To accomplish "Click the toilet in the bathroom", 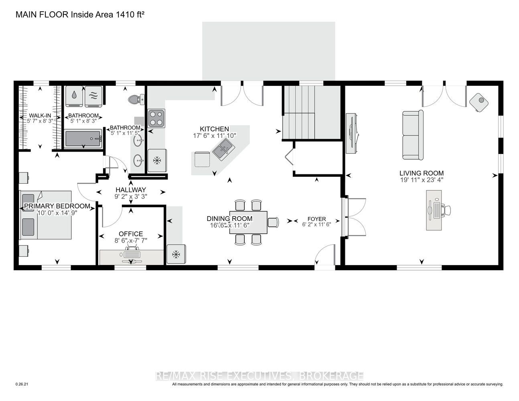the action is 136,99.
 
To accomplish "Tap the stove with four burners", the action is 156,118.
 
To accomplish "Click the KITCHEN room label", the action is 214,129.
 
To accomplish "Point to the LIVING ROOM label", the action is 422,173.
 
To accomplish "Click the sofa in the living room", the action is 413,135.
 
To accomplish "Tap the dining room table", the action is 248,223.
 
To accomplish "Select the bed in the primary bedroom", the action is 46,215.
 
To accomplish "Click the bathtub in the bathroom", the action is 83,139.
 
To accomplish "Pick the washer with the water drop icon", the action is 74,96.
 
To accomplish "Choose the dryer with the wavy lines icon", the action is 93,96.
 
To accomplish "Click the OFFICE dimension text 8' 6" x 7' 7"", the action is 131,240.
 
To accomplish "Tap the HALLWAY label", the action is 131,190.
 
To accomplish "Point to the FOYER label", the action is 317,219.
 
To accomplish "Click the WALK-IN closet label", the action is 40,116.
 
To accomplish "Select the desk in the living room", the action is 434,210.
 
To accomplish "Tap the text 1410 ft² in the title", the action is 130,14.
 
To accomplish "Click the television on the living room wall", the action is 353,134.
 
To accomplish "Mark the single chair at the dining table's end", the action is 273,223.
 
